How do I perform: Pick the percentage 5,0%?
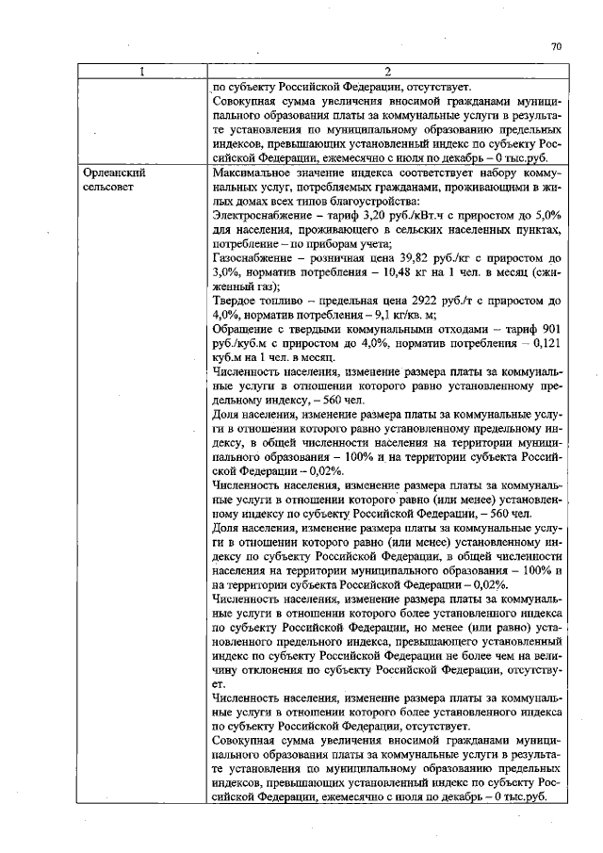point(546,215)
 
